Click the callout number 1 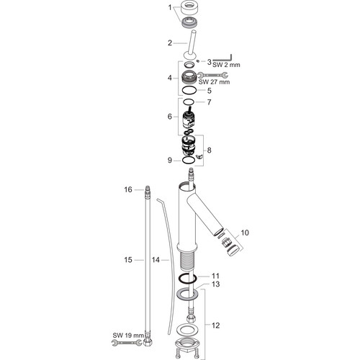[170, 8]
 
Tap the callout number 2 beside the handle [170, 43]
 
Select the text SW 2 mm [226, 65]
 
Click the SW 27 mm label [214, 82]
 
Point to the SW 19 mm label [128, 336]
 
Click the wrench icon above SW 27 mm [212, 75]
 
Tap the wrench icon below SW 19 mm [127, 343]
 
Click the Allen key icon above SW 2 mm [222, 57]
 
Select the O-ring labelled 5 [189, 91]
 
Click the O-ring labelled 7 [189, 102]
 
